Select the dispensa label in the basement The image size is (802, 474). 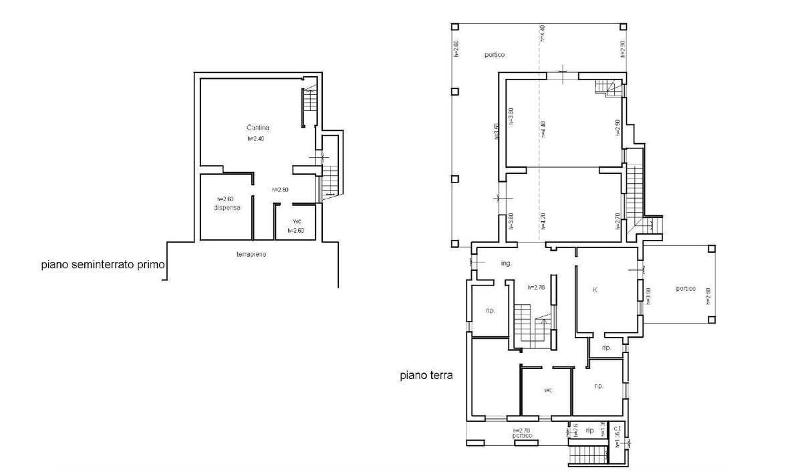point(227,208)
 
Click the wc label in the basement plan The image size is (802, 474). point(297,222)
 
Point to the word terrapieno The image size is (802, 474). point(252,255)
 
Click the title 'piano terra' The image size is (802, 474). point(426,376)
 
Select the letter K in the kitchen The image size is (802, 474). point(595,290)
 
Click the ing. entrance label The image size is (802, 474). point(506,263)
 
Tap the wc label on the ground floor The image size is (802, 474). point(547,390)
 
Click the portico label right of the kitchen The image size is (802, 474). point(685,289)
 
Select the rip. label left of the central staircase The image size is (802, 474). point(490,310)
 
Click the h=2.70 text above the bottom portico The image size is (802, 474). point(521,431)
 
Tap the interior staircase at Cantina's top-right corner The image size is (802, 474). point(308,102)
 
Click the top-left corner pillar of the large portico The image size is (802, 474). point(454,27)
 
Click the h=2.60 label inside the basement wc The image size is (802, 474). point(296,231)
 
